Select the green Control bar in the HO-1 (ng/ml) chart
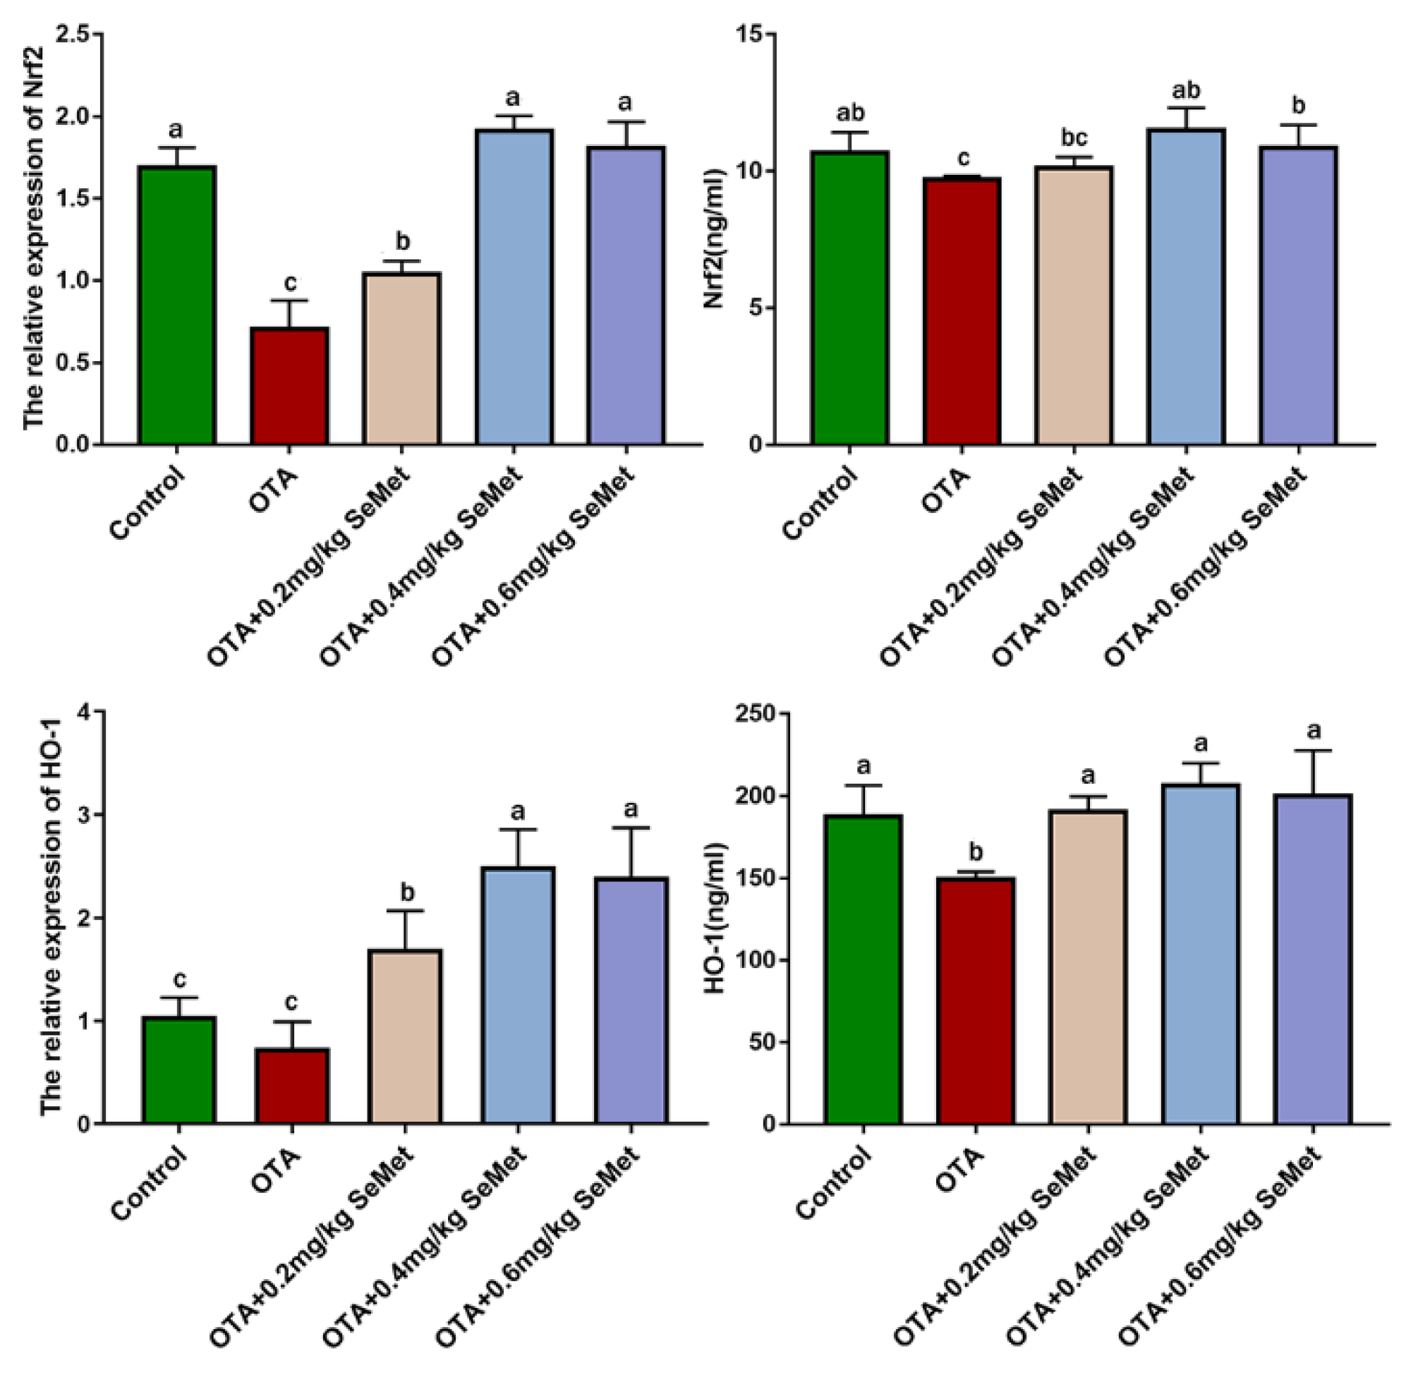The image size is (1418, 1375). tap(863, 970)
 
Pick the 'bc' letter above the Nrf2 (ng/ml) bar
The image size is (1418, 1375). tap(1074, 138)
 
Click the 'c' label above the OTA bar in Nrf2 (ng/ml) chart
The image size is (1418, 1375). tap(962, 159)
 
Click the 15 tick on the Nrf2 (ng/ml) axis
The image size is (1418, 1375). tap(754, 34)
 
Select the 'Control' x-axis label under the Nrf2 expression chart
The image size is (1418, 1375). tap(148, 504)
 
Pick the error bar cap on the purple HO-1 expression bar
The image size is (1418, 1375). tap(631, 828)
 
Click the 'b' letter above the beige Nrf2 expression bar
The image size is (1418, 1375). tap(402, 241)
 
